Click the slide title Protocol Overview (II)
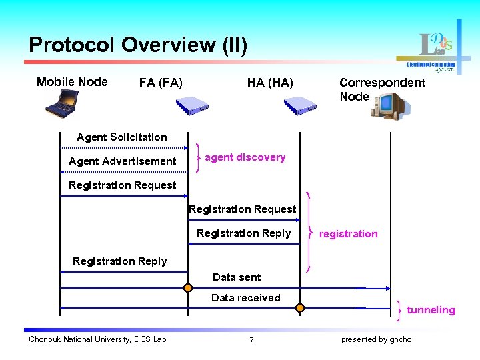(138, 45)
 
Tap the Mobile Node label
(72, 82)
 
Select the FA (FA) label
(161, 83)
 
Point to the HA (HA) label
(269, 83)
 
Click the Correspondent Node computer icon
(390, 106)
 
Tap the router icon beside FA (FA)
(192, 105)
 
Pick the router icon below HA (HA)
(300, 105)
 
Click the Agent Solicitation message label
(122, 137)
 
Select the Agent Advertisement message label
(123, 161)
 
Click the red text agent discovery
(245, 157)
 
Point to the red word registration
(348, 234)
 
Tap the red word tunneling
(431, 310)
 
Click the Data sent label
(237, 277)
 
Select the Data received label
(245, 298)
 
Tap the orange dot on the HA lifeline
(300, 308)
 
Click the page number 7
(251, 340)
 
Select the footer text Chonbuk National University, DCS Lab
(97, 339)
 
